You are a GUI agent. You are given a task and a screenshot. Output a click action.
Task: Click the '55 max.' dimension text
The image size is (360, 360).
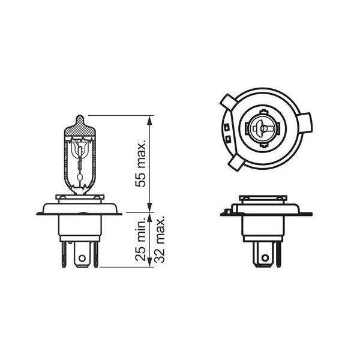pos(140,163)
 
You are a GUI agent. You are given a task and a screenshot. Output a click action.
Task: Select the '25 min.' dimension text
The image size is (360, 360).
pos(140,239)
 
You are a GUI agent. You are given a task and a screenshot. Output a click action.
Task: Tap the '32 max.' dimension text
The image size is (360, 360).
pos(160,239)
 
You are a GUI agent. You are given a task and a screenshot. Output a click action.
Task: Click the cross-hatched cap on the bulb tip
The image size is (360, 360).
pos(80,127)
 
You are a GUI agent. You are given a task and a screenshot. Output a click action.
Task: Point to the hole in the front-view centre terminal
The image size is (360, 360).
pos(82,258)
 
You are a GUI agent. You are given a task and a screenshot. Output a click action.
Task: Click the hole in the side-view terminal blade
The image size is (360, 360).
pos(265,257)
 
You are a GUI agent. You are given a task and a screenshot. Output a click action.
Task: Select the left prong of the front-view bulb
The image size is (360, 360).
pos(64,254)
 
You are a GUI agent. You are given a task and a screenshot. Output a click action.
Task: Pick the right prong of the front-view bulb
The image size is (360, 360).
pos(96,254)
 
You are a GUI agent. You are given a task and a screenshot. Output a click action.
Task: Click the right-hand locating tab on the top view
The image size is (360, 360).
pos(305,123)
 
